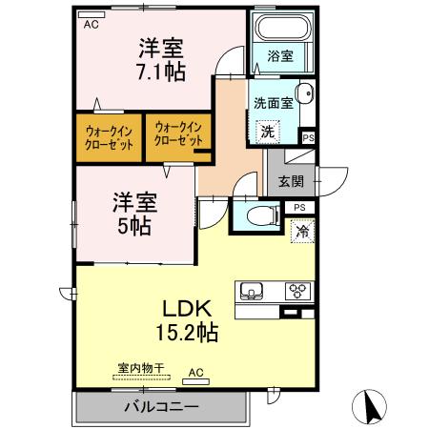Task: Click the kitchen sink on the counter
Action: point(252,291)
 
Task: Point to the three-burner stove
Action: point(297,291)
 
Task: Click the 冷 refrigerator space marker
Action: point(302,232)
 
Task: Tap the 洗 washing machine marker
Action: point(268,132)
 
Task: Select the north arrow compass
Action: point(369,407)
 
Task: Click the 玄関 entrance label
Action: point(291,181)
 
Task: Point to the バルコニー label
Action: point(161,406)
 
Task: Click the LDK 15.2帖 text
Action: point(187,320)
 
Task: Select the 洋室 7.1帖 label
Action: point(161,60)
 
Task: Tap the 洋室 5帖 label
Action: point(134,214)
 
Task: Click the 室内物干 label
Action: point(141,368)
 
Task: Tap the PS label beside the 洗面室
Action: point(308,138)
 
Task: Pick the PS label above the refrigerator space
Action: point(299,208)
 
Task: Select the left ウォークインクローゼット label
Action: point(109,138)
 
